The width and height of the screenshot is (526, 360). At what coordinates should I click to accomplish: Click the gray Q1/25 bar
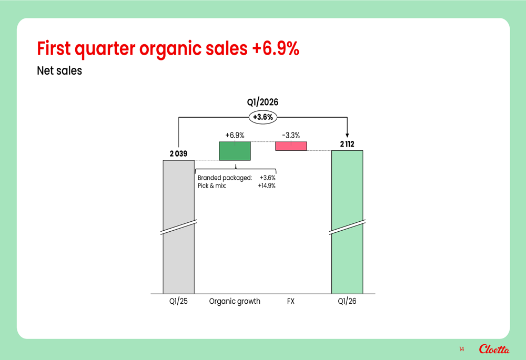pyautogui.click(x=178, y=227)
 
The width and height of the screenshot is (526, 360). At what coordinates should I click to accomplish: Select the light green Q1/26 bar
pyautogui.click(x=347, y=222)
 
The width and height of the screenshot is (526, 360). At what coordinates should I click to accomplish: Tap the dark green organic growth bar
pyautogui.click(x=235, y=151)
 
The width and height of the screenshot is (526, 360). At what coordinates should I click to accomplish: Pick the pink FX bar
pyautogui.click(x=291, y=146)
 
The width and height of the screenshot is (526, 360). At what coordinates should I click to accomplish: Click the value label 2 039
pyautogui.click(x=178, y=153)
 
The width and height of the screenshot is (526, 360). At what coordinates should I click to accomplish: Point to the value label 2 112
pyautogui.click(x=347, y=144)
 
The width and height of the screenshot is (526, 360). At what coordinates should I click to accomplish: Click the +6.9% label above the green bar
pyautogui.click(x=235, y=136)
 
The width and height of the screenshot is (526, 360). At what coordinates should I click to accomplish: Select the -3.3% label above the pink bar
pyautogui.click(x=291, y=136)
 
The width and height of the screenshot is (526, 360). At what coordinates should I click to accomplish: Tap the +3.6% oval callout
pyautogui.click(x=263, y=117)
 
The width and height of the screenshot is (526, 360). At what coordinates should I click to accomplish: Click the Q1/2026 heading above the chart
pyautogui.click(x=262, y=102)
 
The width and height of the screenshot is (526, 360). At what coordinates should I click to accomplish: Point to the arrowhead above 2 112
pyautogui.click(x=347, y=136)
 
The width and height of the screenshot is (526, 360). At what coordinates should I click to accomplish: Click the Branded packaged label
pyautogui.click(x=225, y=178)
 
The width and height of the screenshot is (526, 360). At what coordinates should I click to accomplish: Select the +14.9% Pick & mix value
pyautogui.click(x=267, y=186)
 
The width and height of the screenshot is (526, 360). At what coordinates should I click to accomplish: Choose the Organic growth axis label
pyautogui.click(x=235, y=301)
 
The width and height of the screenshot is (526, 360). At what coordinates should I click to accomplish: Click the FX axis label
pyautogui.click(x=291, y=301)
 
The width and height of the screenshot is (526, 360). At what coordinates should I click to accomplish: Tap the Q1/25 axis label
pyautogui.click(x=178, y=301)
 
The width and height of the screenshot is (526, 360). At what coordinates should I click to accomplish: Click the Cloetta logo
pyautogui.click(x=494, y=349)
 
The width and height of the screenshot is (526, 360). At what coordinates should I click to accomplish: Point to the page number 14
pyautogui.click(x=462, y=349)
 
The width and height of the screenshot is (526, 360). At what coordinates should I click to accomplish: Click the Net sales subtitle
pyautogui.click(x=59, y=71)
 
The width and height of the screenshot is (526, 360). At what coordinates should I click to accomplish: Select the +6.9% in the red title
pyautogui.click(x=276, y=48)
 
